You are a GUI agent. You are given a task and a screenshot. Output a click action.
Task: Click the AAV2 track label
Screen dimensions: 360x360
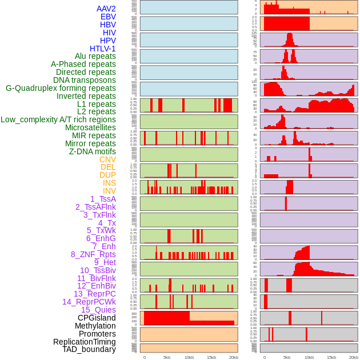[x=106, y=9]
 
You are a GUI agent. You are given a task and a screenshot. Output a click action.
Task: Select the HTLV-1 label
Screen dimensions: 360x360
[x=102, y=49]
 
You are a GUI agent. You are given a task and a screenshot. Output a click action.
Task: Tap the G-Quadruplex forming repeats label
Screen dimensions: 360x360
[x=61, y=88]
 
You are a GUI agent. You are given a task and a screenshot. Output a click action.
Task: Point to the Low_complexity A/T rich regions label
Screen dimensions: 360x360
[x=58, y=119]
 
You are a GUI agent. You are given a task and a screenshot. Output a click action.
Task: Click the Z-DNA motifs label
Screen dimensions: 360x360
[x=92, y=151]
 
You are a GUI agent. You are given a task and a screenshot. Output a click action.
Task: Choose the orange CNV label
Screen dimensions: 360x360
[x=107, y=159]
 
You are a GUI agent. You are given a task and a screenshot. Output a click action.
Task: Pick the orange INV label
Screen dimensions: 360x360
[x=109, y=191]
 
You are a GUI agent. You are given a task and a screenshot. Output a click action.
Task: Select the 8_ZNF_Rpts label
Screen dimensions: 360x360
[x=93, y=254]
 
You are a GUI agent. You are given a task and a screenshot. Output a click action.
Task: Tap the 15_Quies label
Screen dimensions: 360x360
[x=98, y=310]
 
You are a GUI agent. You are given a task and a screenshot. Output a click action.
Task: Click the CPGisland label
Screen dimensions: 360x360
[x=97, y=318]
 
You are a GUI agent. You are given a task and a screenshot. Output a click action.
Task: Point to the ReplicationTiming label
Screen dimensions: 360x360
[x=84, y=342]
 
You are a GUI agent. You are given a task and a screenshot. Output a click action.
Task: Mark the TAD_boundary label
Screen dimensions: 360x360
[x=89, y=349]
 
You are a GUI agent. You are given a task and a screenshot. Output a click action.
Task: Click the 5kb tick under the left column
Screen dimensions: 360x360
[x=167, y=357]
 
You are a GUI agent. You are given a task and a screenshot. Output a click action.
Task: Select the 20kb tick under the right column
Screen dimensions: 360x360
[x=354, y=357]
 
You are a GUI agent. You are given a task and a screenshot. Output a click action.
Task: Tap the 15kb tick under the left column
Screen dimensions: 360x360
[x=211, y=357]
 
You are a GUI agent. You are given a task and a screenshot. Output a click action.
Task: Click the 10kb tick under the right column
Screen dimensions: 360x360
[x=309, y=357]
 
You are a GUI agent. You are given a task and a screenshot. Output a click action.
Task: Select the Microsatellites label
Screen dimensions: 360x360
[x=90, y=127]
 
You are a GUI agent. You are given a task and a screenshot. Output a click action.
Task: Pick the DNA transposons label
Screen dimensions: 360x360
[x=85, y=80]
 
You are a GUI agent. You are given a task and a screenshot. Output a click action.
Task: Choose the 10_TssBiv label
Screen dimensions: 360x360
[x=98, y=270]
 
